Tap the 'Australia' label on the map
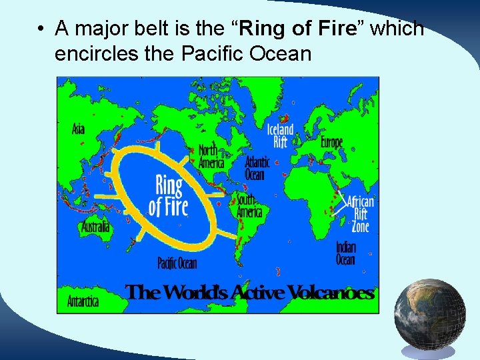point(95,227)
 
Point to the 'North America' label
point(208,156)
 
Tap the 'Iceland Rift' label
point(280,136)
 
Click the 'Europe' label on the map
point(331,142)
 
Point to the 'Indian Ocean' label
point(345,253)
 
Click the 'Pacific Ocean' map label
point(177,263)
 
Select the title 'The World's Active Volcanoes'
point(249,293)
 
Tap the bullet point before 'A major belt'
point(41,29)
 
